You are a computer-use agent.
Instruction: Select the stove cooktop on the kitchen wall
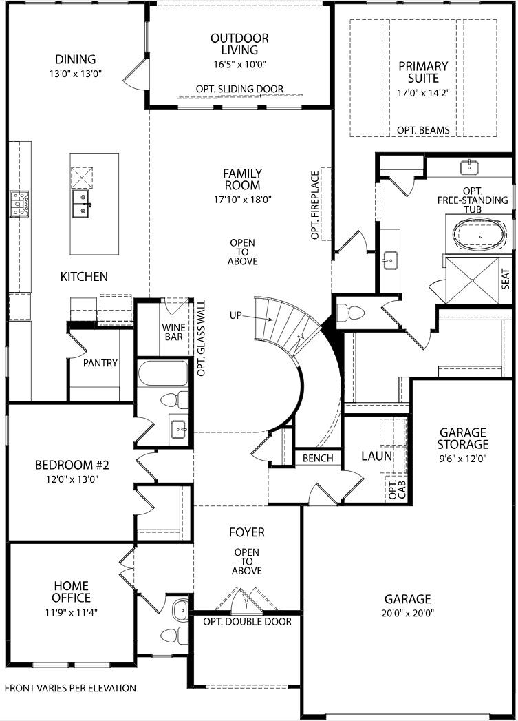click(19, 204)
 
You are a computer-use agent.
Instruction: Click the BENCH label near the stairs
click(317, 458)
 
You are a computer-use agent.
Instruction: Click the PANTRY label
click(100, 363)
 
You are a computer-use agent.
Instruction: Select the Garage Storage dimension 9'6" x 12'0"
click(462, 457)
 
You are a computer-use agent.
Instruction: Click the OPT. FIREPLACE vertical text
click(316, 205)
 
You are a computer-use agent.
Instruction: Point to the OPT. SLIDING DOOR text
click(239, 90)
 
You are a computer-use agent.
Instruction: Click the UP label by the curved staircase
click(237, 315)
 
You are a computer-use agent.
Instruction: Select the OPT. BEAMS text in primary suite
click(423, 130)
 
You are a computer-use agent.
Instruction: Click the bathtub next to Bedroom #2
click(162, 375)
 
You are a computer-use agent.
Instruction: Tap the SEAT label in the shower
click(506, 278)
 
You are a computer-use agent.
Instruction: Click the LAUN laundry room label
click(376, 456)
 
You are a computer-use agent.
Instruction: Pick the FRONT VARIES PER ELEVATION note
click(70, 688)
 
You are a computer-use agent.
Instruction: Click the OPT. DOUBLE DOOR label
click(247, 622)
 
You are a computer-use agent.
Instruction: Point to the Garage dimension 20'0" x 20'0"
click(407, 613)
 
